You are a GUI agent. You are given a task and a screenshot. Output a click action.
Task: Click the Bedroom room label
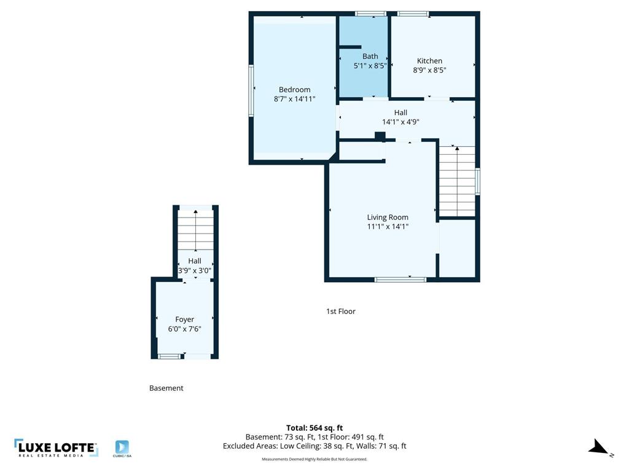[294, 89]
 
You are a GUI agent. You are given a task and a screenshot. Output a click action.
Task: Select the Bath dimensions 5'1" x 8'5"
[370, 66]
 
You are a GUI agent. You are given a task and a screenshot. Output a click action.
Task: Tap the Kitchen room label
[429, 61]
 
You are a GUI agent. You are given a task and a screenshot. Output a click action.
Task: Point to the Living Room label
[388, 217]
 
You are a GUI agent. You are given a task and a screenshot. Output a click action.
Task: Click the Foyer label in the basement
[184, 320]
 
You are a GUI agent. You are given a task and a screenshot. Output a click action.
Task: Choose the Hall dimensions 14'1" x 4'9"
[400, 122]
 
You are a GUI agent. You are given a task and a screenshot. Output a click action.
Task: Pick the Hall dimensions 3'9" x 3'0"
[195, 270]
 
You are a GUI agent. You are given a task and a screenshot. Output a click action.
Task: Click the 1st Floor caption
[340, 311]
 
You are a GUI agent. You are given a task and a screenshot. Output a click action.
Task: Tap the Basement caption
[166, 388]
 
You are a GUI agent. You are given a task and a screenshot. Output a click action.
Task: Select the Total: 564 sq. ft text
[314, 428]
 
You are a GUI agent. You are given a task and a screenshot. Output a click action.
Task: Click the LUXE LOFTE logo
[56, 448]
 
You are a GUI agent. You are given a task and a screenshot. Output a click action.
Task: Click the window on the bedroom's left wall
[251, 90]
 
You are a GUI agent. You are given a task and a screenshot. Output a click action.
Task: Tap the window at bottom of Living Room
[400, 280]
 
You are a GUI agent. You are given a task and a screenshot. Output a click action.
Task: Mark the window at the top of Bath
[370, 14]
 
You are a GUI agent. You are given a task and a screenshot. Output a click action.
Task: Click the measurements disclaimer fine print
[314, 459]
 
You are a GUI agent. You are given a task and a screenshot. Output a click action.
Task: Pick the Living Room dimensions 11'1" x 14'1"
[388, 226]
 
